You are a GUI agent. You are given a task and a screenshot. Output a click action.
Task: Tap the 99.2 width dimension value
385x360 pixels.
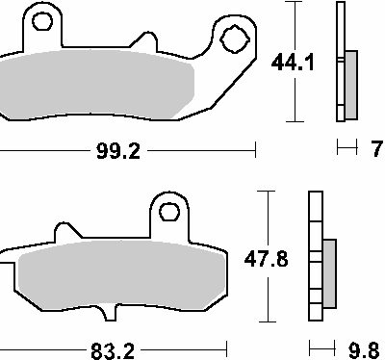(116, 150)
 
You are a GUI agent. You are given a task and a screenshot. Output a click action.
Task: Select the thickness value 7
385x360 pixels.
(375, 148)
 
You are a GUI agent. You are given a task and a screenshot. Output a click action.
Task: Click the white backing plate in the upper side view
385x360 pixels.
(340, 63)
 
